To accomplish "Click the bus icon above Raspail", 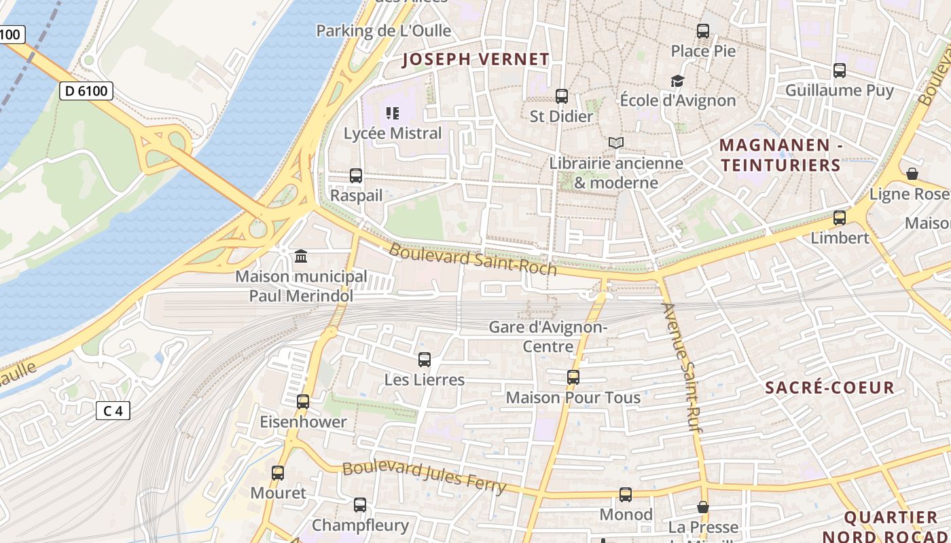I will pyautogui.click(x=356, y=176).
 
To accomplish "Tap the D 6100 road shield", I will pyautogui.click(x=86, y=91).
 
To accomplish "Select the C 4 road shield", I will pyautogui.click(x=113, y=411).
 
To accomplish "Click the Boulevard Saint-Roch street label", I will pyautogui.click(x=473, y=259).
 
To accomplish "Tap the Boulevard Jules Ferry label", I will pyautogui.click(x=425, y=477).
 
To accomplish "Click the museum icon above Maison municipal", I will pyautogui.click(x=301, y=257).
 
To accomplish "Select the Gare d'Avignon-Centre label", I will pyautogui.click(x=548, y=337).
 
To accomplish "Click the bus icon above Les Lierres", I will pyautogui.click(x=425, y=360).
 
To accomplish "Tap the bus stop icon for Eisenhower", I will pyautogui.click(x=303, y=402).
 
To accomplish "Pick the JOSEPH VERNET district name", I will pyautogui.click(x=475, y=60).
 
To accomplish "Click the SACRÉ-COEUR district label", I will pyautogui.click(x=829, y=388).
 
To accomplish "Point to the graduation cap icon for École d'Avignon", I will pyautogui.click(x=677, y=81).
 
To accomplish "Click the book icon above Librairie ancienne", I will pyautogui.click(x=616, y=143).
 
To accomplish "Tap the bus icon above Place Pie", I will pyautogui.click(x=703, y=31).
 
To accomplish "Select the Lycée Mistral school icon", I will pyautogui.click(x=393, y=113).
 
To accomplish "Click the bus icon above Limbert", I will pyautogui.click(x=840, y=218).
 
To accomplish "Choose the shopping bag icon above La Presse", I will pyautogui.click(x=703, y=507).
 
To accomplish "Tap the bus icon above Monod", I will pyautogui.click(x=626, y=495).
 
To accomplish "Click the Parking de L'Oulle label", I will pyautogui.click(x=384, y=31).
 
